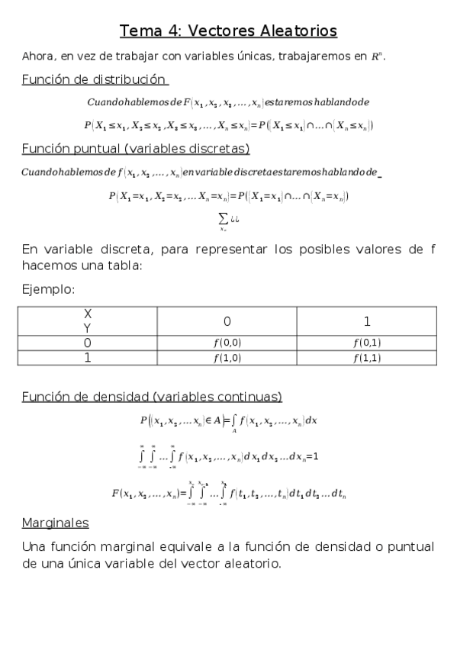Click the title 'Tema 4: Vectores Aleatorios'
(228, 31)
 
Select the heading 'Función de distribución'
(95, 79)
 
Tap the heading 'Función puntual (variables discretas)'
(135, 148)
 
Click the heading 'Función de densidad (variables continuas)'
(152, 397)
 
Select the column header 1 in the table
(366, 320)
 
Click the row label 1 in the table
(88, 357)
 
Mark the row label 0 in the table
(88, 343)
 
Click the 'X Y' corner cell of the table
(88, 320)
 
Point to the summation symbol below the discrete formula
(223, 217)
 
